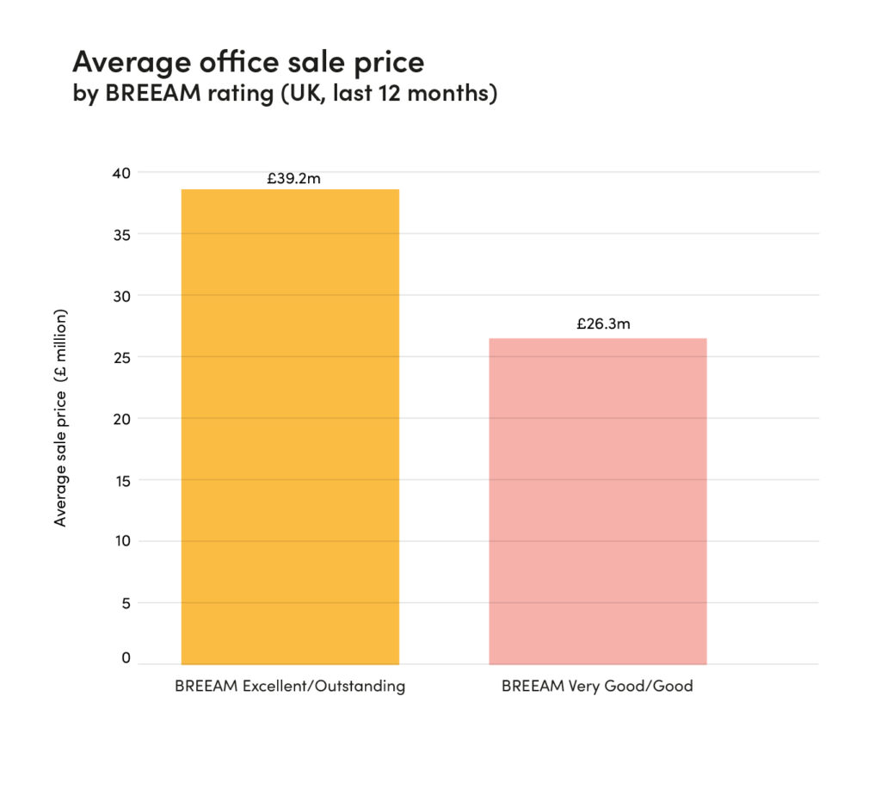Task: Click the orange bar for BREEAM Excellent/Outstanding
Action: [x=290, y=426]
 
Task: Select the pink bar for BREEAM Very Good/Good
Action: [x=597, y=501]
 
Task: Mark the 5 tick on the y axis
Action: [x=125, y=603]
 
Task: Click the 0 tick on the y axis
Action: [x=126, y=658]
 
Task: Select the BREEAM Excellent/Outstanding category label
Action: [x=290, y=687]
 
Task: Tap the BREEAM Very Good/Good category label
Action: [x=597, y=687]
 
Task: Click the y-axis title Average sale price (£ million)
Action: [x=60, y=417]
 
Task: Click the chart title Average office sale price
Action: [x=248, y=62]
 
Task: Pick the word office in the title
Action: [x=242, y=62]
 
